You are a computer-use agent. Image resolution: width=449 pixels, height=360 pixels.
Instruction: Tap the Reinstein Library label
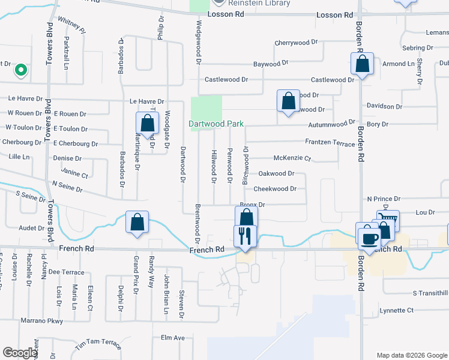[x=261, y=3]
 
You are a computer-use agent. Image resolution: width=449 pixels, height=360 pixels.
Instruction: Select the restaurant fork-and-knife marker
[x=245, y=235]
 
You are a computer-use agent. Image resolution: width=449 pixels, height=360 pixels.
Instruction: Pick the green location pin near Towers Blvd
[x=21, y=71]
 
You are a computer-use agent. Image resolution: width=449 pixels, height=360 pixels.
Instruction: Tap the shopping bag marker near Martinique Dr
[x=147, y=124]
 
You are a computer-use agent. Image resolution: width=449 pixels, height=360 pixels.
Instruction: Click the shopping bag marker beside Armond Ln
[x=363, y=64]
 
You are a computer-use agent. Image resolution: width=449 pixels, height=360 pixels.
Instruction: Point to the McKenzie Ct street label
[x=292, y=158]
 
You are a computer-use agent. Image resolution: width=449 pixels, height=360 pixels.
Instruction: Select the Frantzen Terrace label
[x=330, y=144]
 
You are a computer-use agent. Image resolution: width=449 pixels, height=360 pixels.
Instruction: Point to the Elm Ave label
[x=172, y=338]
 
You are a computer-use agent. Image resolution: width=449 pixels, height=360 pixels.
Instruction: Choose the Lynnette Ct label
[x=397, y=310]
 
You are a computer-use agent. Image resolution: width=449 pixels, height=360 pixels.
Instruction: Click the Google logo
[x=20, y=353]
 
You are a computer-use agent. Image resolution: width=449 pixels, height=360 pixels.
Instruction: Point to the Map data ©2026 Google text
[x=411, y=355]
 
